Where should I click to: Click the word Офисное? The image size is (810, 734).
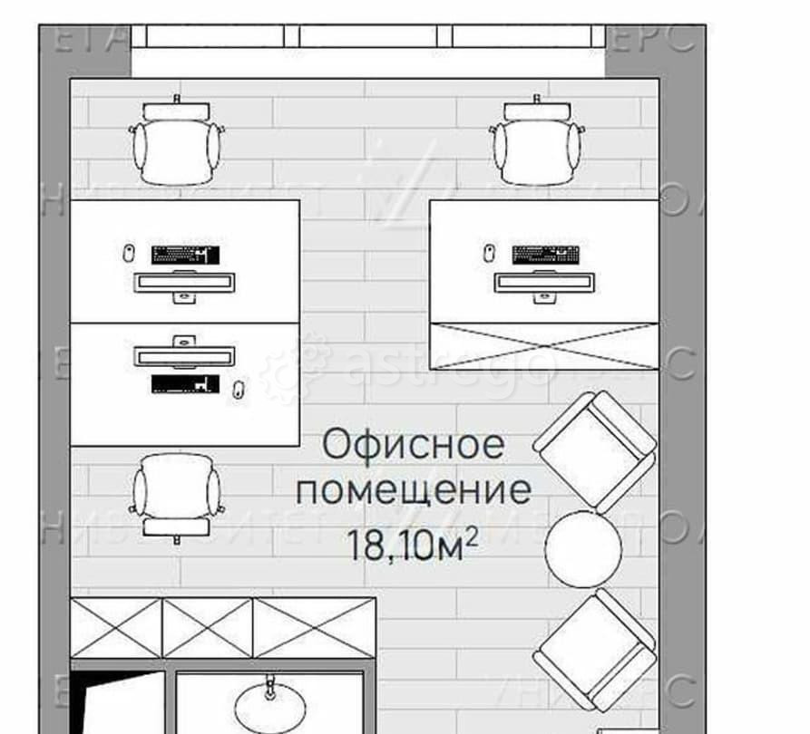pyautogui.click(x=413, y=446)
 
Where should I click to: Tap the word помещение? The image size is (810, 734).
pyautogui.click(x=415, y=491)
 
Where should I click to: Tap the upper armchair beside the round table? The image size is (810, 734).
pyautogui.click(x=594, y=449)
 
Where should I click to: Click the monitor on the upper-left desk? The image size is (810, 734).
pyautogui.click(x=185, y=282)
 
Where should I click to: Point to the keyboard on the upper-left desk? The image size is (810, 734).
pyautogui.click(x=186, y=254)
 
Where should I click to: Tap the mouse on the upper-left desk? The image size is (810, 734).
pyautogui.click(x=129, y=252)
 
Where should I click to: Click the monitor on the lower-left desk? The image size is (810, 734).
pyautogui.click(x=185, y=353)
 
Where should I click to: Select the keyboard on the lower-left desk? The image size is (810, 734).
pyautogui.click(x=186, y=384)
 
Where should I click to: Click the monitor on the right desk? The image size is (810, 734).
pyautogui.click(x=545, y=282)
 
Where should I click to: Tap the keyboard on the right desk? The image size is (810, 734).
pyautogui.click(x=545, y=254)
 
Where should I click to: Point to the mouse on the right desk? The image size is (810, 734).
pyautogui.click(x=489, y=252)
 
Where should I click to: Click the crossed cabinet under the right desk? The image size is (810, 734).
pyautogui.click(x=544, y=345)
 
